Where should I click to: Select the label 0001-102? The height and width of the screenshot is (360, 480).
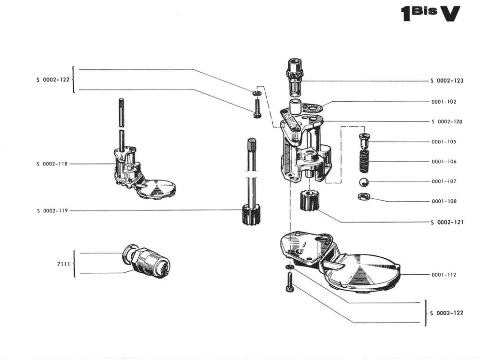(443, 101)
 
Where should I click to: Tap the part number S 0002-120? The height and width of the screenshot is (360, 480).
(447, 121)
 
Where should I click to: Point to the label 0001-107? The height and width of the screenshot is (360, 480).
(443, 181)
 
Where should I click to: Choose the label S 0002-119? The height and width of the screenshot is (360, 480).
(52, 211)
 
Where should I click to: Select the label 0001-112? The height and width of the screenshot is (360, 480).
(443, 275)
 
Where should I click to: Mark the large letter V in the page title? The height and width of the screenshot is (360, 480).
(450, 14)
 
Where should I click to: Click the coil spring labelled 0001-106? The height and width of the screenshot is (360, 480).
(364, 161)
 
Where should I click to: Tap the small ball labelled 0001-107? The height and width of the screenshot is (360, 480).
(363, 182)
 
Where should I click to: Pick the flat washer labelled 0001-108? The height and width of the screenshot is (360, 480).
(363, 196)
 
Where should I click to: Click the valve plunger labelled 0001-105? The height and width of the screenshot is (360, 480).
(364, 140)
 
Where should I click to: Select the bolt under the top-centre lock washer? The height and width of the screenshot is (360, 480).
(257, 108)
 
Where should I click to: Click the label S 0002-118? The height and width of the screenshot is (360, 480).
(52, 164)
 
